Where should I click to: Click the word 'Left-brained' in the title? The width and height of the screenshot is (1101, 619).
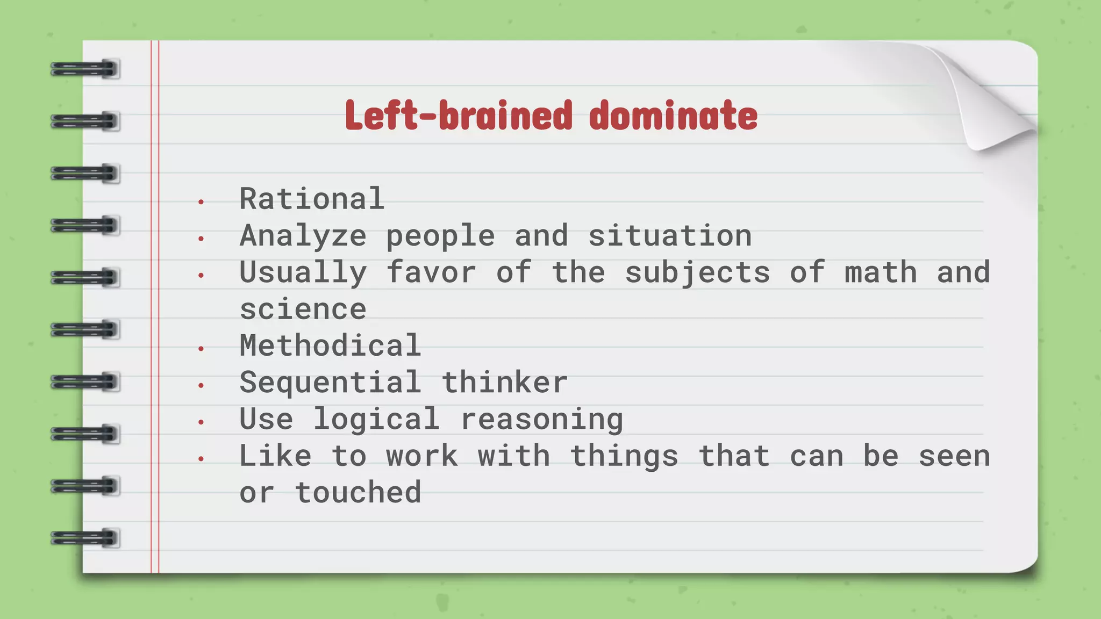click(458, 116)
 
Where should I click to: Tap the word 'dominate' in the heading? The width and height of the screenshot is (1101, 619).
click(673, 116)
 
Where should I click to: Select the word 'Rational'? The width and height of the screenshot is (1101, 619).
click(312, 199)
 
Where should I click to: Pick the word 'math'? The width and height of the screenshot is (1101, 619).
click(881, 272)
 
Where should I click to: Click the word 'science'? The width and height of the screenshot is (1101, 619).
click(303, 309)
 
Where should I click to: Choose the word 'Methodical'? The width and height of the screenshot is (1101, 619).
click(330, 346)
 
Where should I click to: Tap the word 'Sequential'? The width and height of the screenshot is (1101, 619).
click(330, 383)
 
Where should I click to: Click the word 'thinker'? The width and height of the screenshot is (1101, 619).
click(504, 383)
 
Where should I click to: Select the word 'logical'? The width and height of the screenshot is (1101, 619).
click(376, 419)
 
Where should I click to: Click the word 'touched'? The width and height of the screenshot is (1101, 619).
click(358, 493)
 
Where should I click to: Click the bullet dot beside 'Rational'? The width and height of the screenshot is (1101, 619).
click(201, 203)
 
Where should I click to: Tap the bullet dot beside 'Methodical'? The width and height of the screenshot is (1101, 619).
click(201, 349)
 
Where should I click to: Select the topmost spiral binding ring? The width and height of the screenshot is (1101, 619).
click(85, 69)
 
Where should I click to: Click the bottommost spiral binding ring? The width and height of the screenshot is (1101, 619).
click(85, 538)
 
